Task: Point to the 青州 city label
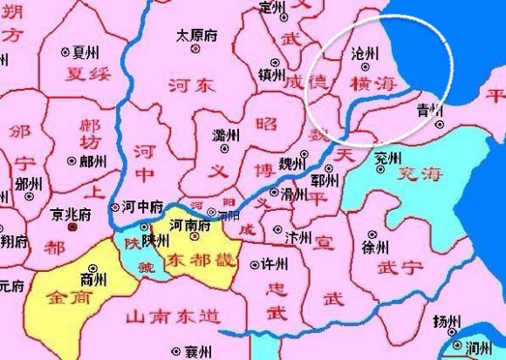[x=429, y=111]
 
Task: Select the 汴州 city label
[x=298, y=235]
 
